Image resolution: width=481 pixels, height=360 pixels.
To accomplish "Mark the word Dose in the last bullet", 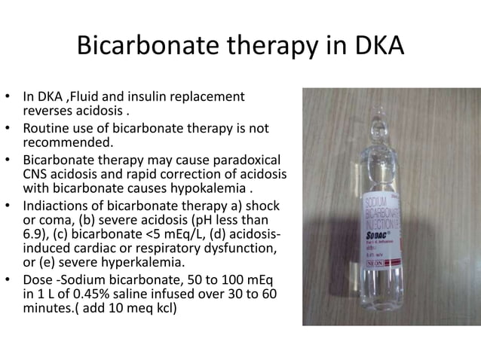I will tap(37, 279).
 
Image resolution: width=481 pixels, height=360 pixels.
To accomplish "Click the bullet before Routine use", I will tap(9, 127).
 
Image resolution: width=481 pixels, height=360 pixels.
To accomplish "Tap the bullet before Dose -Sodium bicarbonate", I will tap(9, 279).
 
